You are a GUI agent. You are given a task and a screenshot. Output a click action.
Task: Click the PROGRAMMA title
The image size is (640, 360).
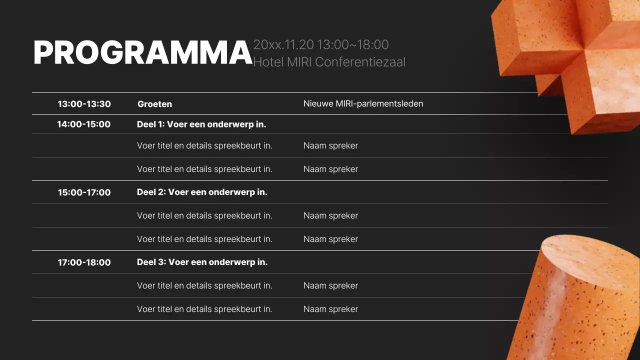tap(142, 52)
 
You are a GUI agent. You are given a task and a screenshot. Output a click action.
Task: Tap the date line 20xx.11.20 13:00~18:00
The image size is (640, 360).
tap(320, 44)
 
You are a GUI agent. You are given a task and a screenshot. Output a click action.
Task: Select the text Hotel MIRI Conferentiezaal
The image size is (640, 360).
tap(329, 62)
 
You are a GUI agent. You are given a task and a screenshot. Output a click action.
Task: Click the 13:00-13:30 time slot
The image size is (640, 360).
tap(84, 104)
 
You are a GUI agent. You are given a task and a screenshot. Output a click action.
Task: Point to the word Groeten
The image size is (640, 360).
tap(154, 104)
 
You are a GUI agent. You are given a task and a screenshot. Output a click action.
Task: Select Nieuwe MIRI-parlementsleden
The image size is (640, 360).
tap(363, 103)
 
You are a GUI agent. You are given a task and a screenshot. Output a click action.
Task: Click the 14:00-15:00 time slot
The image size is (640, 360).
tap(83, 124)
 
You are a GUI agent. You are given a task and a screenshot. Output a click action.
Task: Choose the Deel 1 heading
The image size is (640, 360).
tap(201, 124)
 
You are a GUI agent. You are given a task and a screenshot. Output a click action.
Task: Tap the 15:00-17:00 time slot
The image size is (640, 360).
tap(84, 192)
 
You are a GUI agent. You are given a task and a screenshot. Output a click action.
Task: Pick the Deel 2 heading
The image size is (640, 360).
tap(202, 192)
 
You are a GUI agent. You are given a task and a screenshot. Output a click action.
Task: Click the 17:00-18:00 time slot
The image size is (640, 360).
tap(84, 262)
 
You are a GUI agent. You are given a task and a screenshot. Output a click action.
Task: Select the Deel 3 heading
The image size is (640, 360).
tap(202, 262)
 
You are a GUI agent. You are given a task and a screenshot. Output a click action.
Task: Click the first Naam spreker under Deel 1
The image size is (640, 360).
tap(330, 145)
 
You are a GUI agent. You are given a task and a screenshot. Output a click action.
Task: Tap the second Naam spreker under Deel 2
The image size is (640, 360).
tap(330, 239)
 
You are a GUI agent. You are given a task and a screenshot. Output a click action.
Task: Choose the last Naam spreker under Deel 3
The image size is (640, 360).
tap(330, 309)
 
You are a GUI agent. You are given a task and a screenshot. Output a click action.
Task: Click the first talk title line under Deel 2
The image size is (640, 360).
tap(204, 215)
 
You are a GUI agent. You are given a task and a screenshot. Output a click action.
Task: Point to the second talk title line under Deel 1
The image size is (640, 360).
tap(204, 169)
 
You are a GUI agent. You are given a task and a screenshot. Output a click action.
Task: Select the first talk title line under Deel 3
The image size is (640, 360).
tap(204, 285)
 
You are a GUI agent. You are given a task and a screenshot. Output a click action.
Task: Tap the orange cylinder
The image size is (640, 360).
tap(580, 300)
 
